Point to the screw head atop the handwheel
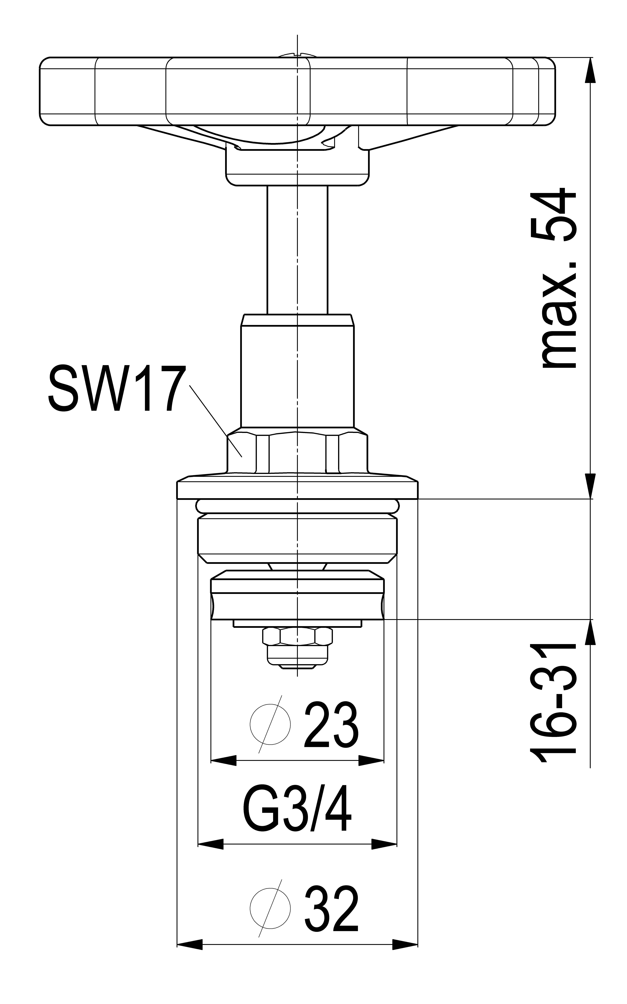tap(297, 54)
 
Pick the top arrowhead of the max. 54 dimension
tap(590, 70)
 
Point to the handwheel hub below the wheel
tap(297, 167)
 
